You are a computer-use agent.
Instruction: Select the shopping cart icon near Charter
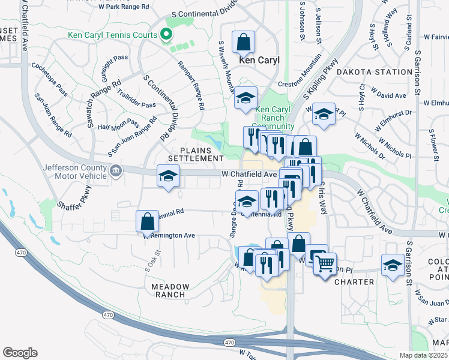(x=325, y=262)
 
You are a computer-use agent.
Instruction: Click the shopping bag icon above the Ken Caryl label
(x=244, y=43)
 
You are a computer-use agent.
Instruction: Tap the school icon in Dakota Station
(x=324, y=114)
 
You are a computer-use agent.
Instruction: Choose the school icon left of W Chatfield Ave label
(x=168, y=176)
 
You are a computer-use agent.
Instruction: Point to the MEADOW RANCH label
(x=170, y=291)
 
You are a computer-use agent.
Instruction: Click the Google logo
(x=20, y=353)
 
